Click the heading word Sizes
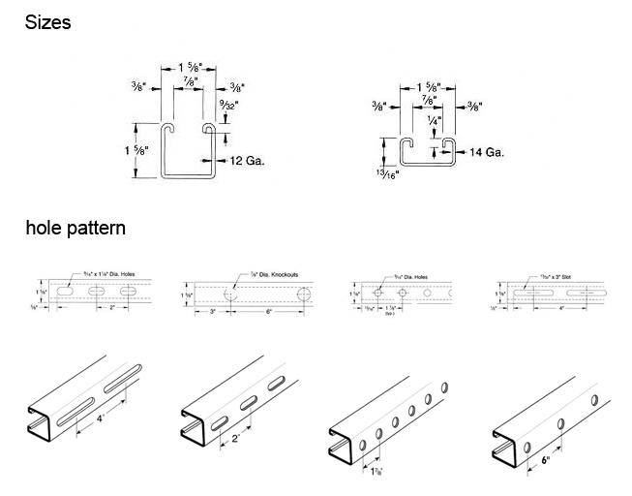pyautogui.click(x=47, y=22)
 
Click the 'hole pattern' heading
pyautogui.click(x=75, y=230)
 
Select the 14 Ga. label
pyautogui.click(x=480, y=152)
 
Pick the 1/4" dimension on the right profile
pyautogui.click(x=435, y=123)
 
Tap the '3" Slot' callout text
pyautogui.click(x=548, y=276)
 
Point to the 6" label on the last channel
pyautogui.click(x=546, y=461)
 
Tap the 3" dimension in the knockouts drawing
pyautogui.click(x=210, y=311)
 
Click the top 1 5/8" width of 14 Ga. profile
pyautogui.click(x=426, y=87)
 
